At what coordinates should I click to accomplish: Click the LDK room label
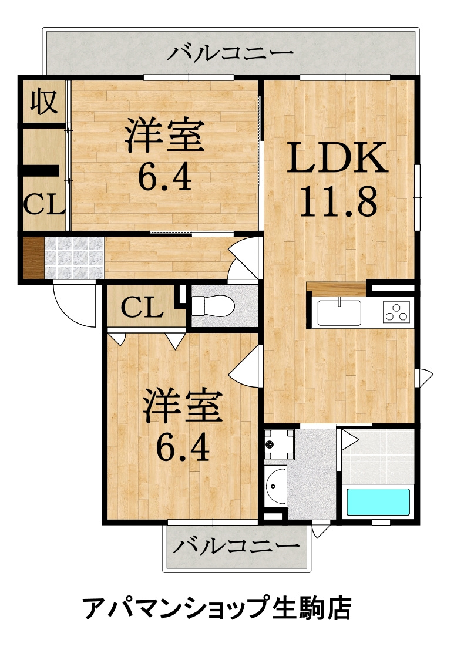coord(337,158)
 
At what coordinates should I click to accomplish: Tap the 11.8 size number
coord(338,202)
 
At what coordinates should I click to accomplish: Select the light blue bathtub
coord(378,501)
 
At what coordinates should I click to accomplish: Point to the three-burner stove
coord(396,312)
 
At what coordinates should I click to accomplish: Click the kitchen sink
coord(339,312)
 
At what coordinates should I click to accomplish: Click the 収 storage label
coord(44,102)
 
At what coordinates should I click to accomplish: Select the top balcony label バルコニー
coord(231,53)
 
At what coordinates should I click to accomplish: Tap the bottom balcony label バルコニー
coord(236,546)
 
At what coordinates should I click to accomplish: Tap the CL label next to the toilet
coord(142,308)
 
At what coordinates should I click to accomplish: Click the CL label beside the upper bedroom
coord(44,204)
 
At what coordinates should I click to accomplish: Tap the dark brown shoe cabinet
coord(33,258)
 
